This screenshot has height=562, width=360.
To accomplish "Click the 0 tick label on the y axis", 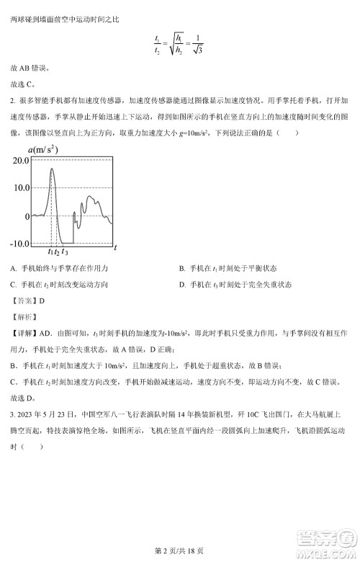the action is (27, 215).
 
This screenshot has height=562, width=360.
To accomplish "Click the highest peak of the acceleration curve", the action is (52, 169).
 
